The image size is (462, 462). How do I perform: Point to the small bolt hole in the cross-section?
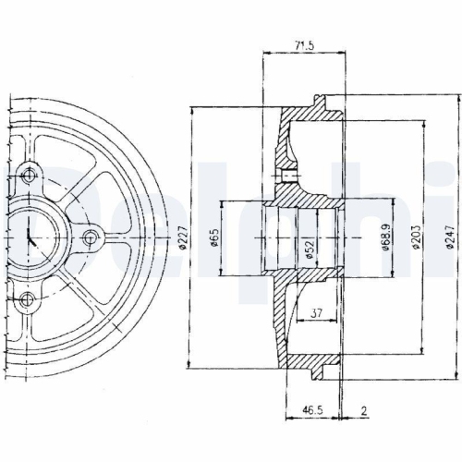point(289,176)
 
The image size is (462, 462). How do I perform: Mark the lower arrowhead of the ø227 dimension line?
point(191,366)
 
